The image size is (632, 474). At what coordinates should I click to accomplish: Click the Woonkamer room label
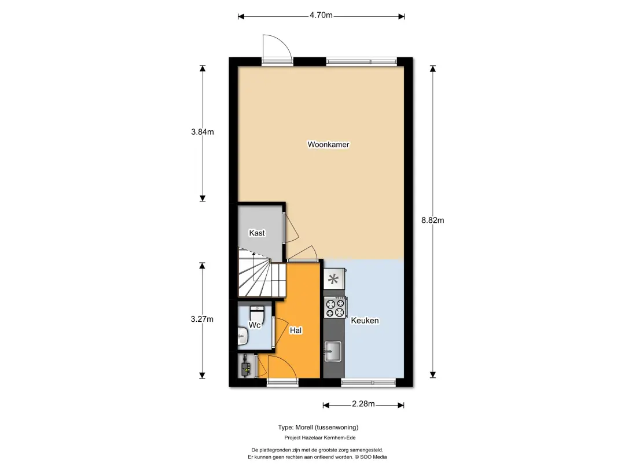point(328,144)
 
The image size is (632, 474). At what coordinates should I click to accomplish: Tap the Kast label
point(257,233)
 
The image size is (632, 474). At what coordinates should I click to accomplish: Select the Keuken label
point(365,321)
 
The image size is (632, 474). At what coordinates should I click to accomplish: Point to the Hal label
point(295,330)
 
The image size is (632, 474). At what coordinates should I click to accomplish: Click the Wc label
point(254,325)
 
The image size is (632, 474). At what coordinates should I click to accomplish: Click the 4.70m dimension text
point(321,15)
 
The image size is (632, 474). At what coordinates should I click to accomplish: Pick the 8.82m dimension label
point(433,220)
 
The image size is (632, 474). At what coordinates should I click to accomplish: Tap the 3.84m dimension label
point(203,132)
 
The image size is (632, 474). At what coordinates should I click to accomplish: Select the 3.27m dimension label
point(202,319)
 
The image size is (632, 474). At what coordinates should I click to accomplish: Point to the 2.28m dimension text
point(363,404)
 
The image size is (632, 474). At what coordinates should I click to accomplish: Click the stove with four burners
point(335,307)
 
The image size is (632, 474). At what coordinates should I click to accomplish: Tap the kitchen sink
point(333,351)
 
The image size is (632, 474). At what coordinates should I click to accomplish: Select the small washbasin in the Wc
point(242,336)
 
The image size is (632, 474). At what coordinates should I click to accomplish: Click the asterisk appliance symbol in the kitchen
point(333,279)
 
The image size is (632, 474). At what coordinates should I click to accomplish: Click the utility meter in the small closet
point(246,366)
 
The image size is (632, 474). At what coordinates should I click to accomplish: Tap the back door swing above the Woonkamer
point(277,47)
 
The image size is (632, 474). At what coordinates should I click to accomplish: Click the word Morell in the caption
point(304,427)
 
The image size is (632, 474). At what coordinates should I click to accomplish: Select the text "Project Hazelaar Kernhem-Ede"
point(320,438)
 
